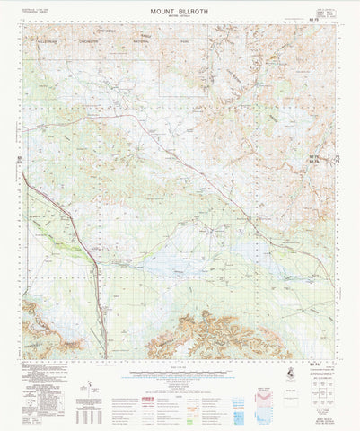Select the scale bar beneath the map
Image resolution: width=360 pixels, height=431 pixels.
coord(180,369)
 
